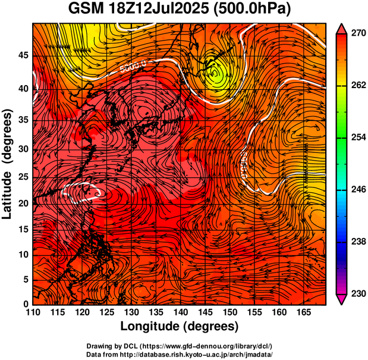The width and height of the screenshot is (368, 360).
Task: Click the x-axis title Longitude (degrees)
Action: (180, 326)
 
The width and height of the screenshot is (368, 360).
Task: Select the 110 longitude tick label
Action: (33, 312)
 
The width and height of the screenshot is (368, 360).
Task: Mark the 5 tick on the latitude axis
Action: (26, 279)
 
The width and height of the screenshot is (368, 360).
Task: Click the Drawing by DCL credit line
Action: (180, 346)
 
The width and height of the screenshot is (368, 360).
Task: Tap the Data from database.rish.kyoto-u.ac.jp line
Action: (180, 354)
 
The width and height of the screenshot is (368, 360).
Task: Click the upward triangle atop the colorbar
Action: (342, 27)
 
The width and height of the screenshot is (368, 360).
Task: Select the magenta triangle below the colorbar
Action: (342, 300)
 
